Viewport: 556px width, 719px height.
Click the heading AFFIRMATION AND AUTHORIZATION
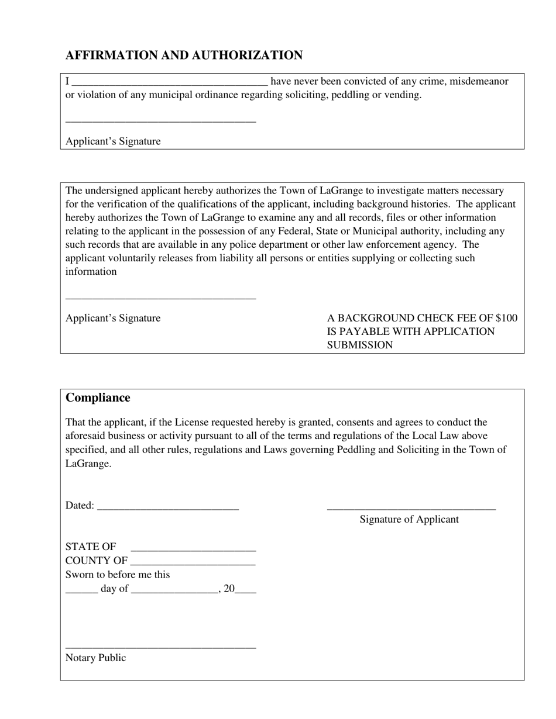[184, 56]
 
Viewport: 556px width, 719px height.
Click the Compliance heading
[98, 398]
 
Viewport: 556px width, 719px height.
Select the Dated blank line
[168, 507]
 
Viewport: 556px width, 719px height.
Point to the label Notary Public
[95, 658]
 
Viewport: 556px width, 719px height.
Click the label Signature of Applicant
[409, 520]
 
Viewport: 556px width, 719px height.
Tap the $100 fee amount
[506, 318]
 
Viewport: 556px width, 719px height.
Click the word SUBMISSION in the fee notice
[360, 345]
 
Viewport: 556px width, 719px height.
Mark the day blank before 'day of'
[81, 590]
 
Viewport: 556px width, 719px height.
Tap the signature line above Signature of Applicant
[411, 509]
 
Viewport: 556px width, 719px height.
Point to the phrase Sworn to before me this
[118, 575]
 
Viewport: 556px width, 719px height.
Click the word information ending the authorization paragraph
[91, 272]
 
